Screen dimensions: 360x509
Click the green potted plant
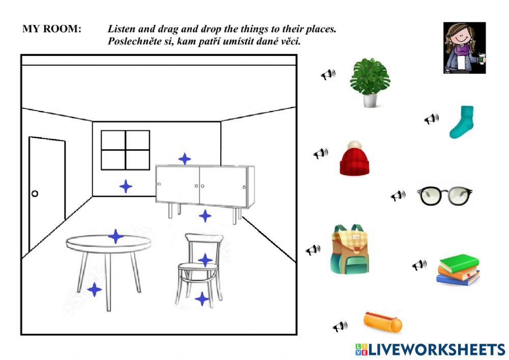[370, 82]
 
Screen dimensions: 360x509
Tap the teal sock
[462, 122]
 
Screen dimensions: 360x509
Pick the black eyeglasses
[444, 195]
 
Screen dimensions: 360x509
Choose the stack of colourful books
[458, 270]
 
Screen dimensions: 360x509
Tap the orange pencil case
[382, 322]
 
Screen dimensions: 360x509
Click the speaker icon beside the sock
[432, 119]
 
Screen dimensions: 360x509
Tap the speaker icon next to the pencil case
[340, 326]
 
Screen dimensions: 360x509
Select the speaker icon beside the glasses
[398, 196]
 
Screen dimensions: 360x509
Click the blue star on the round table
[116, 236]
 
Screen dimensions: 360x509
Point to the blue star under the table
[94, 290]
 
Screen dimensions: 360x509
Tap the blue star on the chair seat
[205, 260]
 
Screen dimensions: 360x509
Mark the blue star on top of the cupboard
[185, 159]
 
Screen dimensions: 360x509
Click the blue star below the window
[126, 186]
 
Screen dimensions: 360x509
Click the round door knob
[35, 193]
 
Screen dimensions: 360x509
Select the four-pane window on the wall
[125, 150]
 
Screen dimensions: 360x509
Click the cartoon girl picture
[464, 48]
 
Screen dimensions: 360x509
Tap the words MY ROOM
[51, 29]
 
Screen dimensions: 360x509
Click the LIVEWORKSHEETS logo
[430, 349]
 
